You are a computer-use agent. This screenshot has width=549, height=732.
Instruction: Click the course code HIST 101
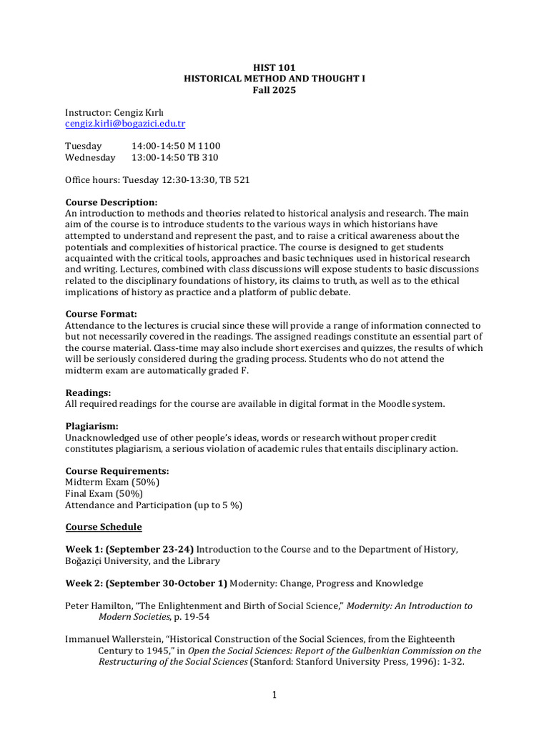coord(274,67)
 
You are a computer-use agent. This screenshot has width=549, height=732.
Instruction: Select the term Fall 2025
coord(274,90)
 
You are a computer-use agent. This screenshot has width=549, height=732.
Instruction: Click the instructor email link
coord(125,124)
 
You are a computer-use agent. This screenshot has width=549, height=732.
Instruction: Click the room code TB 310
coord(203,157)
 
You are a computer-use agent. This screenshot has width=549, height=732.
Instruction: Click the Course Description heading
coord(112,202)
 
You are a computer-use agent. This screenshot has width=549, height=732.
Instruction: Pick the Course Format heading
coord(101,314)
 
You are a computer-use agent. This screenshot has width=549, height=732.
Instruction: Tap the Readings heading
coord(88,392)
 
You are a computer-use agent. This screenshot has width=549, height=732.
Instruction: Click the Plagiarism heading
coord(91,426)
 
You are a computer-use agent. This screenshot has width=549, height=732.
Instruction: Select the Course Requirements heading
coord(117,471)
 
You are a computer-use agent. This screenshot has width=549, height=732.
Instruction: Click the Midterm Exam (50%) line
coord(112,482)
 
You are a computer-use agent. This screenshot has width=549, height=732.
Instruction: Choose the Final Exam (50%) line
coord(104,493)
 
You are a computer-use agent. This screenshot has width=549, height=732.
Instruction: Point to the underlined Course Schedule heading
coord(104,527)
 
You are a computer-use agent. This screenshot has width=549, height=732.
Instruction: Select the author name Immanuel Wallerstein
coord(114,639)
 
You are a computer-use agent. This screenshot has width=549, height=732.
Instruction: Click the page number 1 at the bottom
coord(274,696)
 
